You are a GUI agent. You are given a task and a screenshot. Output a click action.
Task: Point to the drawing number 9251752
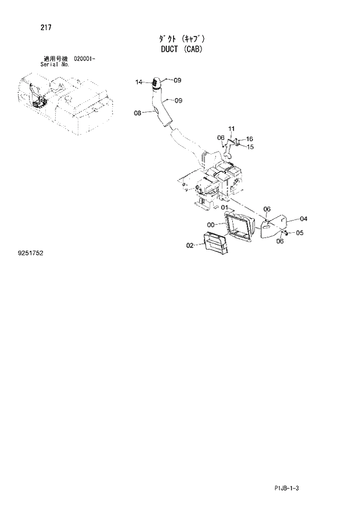[31, 254]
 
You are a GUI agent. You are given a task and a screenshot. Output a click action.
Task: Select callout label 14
[139, 82]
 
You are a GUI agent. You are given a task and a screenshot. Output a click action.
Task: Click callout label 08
[138, 113]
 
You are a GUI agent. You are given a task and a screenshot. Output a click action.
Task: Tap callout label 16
[250, 139]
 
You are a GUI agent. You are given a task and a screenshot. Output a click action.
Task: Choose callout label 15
[250, 147]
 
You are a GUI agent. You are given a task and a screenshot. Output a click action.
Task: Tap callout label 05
[300, 233]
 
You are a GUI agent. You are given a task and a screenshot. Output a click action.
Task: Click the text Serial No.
[55, 64]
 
